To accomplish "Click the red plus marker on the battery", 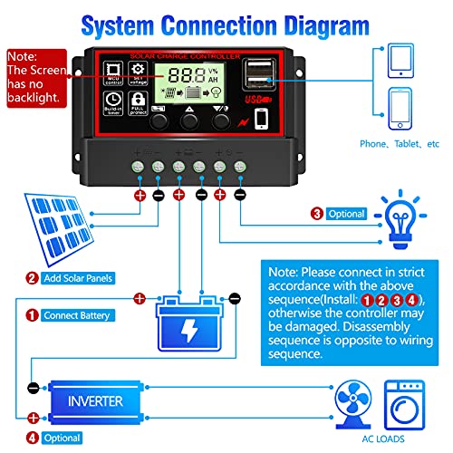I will (140, 297).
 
